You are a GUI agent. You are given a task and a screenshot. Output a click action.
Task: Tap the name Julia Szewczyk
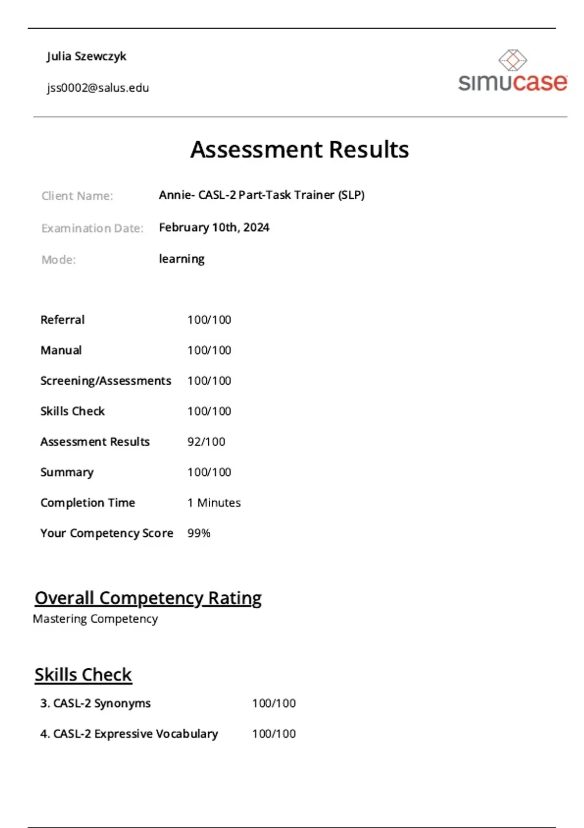[87, 56]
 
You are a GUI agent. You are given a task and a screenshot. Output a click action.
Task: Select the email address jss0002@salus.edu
[98, 88]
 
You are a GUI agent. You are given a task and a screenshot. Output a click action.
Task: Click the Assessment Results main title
[299, 150]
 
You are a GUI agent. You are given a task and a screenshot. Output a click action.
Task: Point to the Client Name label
[77, 196]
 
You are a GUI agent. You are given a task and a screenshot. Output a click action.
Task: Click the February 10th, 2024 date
[214, 227]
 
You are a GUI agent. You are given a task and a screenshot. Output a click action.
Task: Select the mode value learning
[182, 259]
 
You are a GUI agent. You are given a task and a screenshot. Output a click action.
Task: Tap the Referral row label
[62, 320]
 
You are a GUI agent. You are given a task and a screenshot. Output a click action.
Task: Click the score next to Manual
[209, 350]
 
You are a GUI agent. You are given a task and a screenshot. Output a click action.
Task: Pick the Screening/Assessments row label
[106, 381]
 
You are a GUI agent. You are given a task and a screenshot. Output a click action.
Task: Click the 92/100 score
[206, 442]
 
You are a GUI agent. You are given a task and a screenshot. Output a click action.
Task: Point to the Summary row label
[67, 472]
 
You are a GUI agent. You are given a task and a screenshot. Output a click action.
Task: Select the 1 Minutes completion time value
[214, 503]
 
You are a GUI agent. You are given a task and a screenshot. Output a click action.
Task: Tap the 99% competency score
[199, 533]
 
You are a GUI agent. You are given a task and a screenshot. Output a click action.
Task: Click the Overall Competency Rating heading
[148, 598]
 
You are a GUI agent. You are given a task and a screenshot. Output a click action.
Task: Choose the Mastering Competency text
[95, 619]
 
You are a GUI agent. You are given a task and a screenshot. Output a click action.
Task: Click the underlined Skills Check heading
[83, 675]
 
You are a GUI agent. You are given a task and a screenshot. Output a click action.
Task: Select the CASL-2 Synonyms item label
[95, 703]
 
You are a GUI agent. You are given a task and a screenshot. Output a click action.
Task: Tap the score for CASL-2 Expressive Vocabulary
[274, 734]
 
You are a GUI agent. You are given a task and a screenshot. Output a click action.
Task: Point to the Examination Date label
[92, 228]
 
